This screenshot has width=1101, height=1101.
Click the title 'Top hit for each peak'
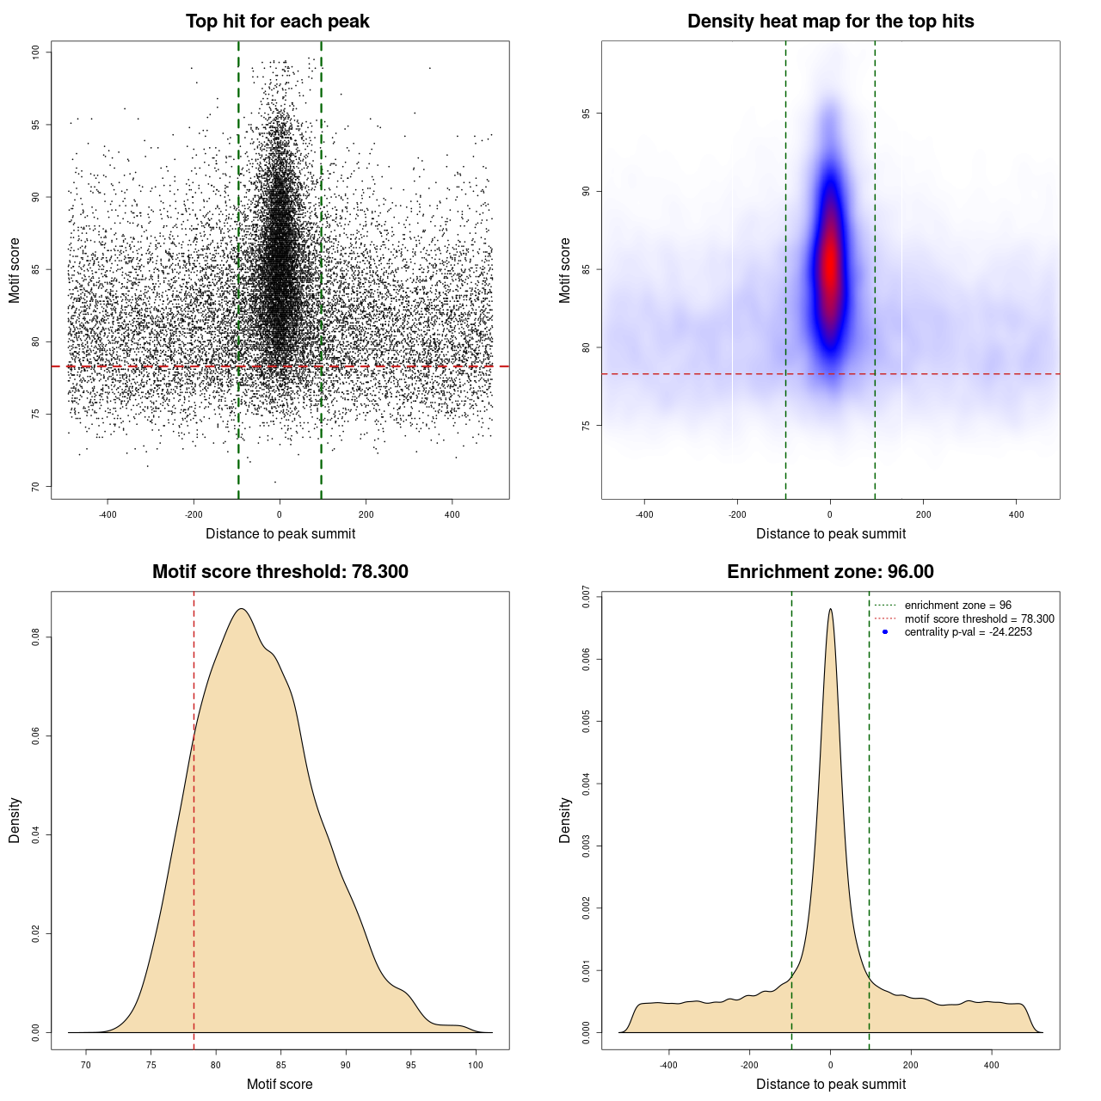[277, 22]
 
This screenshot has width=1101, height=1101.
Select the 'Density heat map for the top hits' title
[830, 22]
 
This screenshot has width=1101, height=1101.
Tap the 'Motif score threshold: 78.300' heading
[280, 572]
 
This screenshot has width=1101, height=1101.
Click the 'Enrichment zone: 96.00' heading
[830, 572]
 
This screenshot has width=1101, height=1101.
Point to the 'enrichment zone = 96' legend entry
[957, 606]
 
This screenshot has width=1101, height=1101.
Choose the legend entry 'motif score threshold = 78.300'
[979, 618]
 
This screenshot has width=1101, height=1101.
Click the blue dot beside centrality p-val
[885, 632]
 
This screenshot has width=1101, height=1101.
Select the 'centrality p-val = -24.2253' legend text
[968, 632]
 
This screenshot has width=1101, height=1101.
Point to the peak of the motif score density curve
[243, 609]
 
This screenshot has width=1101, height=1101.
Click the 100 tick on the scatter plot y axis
[36, 52]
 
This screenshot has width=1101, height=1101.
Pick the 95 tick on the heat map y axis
[587, 114]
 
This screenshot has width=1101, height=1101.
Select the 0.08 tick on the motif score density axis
[36, 637]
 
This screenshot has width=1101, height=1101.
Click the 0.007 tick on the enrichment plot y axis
[587, 597]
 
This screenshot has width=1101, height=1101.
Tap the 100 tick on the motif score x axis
[476, 1065]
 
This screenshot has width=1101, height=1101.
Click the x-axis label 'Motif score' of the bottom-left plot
[280, 1084]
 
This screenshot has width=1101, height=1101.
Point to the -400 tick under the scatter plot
[108, 514]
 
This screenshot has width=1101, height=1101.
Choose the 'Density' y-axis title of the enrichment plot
[565, 820]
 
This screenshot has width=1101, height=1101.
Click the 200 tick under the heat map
[923, 514]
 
